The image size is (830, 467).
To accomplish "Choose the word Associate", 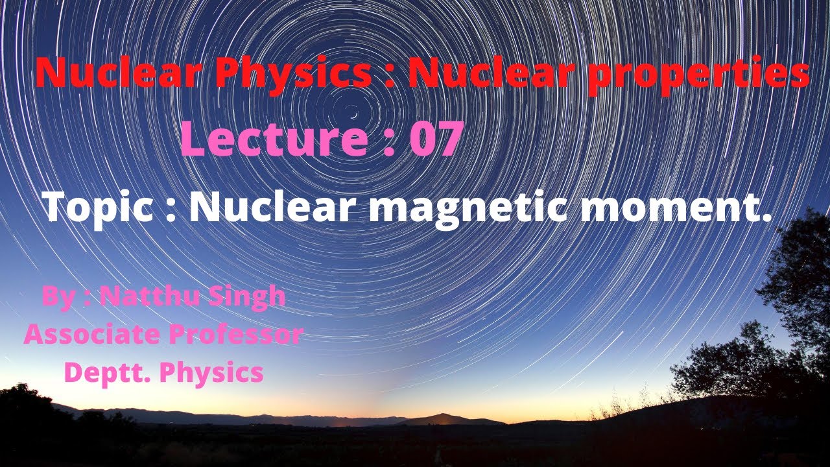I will [x=92, y=334].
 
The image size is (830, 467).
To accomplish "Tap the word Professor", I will [x=236, y=334].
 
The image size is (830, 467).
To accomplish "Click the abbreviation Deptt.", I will [x=106, y=372].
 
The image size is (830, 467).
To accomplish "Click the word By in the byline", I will [x=56, y=297].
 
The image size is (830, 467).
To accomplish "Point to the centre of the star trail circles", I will [x=353, y=112].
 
